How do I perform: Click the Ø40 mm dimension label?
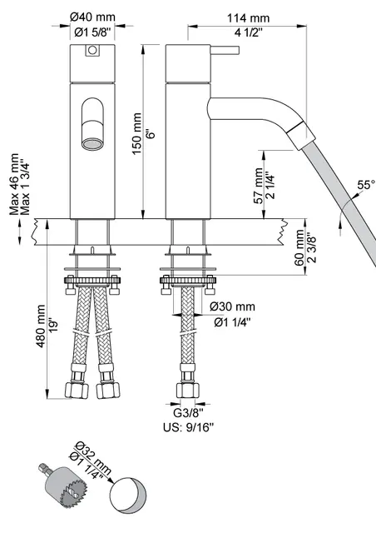click(x=92, y=17)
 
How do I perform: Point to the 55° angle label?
click(x=365, y=184)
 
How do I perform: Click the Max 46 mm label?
click(x=15, y=185)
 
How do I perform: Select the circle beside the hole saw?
click(x=129, y=496)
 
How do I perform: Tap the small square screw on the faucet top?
click(x=92, y=52)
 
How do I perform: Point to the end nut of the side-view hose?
click(x=188, y=389)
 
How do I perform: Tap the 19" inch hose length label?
click(x=52, y=326)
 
